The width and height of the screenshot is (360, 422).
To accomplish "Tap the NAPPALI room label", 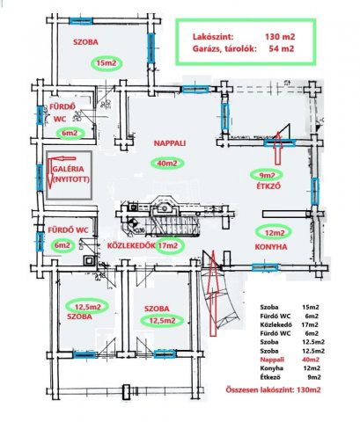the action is [x=170, y=143].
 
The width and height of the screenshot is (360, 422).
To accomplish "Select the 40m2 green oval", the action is [x=167, y=164].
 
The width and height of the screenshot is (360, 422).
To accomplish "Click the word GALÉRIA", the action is [x=69, y=169].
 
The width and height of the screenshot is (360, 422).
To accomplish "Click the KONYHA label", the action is [x=271, y=247].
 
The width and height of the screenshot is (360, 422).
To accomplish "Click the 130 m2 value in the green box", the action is [x=280, y=37].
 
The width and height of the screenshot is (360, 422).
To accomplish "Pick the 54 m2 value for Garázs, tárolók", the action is [x=282, y=48].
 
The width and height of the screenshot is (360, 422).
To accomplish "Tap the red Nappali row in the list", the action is [x=290, y=360].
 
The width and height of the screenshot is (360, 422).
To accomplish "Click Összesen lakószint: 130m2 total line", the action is [x=273, y=389].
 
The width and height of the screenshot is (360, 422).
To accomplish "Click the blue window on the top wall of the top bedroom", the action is [x=81, y=21].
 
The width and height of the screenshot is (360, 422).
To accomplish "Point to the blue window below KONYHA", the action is [x=265, y=267].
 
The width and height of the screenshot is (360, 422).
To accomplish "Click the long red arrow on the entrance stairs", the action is [x=213, y=293].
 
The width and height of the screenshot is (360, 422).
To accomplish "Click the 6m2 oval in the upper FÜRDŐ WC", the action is [x=70, y=134].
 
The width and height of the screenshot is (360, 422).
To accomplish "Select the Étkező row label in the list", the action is [x=270, y=377].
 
